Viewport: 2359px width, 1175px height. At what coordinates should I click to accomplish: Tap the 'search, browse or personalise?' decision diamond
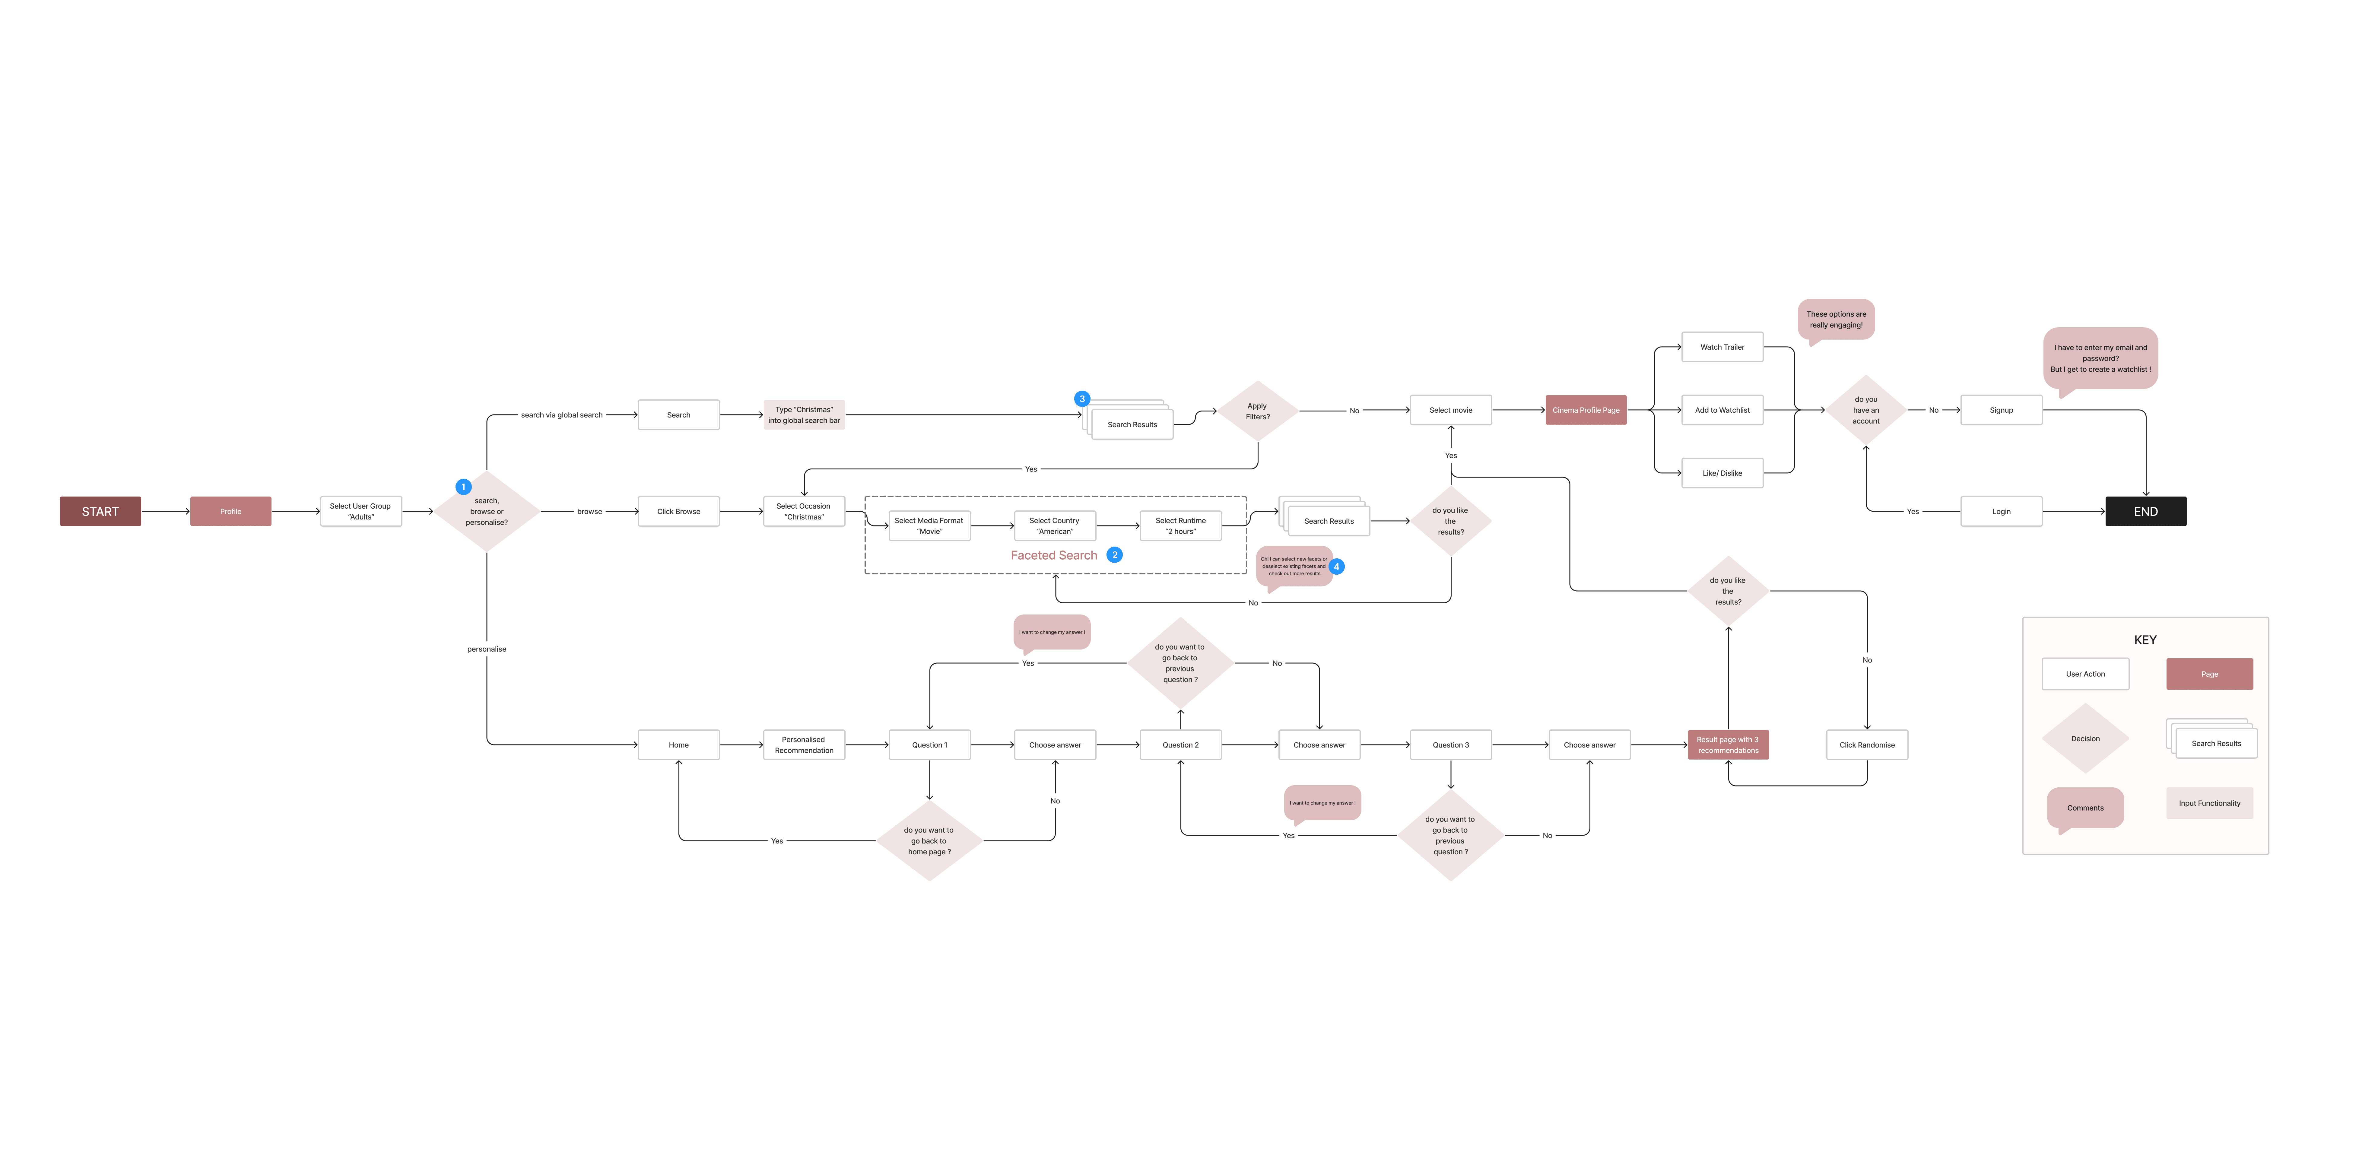(486, 511)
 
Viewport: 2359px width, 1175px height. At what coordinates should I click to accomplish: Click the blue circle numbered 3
(1081, 399)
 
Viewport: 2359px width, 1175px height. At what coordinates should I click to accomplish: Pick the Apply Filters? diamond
(1257, 411)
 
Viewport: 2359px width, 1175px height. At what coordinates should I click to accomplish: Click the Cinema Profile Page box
(1585, 410)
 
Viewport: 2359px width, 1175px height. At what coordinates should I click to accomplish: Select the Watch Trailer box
(1722, 347)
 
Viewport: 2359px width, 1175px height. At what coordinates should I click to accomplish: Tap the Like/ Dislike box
(1722, 474)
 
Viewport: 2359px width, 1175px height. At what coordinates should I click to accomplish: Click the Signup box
(2001, 410)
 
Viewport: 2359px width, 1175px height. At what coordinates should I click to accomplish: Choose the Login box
(2001, 511)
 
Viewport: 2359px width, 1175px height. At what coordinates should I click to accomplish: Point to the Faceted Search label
(1053, 555)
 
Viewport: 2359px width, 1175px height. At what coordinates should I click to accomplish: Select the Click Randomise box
(1866, 745)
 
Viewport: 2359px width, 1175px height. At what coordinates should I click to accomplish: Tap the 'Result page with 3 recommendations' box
(1727, 745)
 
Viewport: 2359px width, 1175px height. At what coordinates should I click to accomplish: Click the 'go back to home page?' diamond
(929, 841)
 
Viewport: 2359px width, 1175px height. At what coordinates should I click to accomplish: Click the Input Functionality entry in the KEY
(2209, 803)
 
